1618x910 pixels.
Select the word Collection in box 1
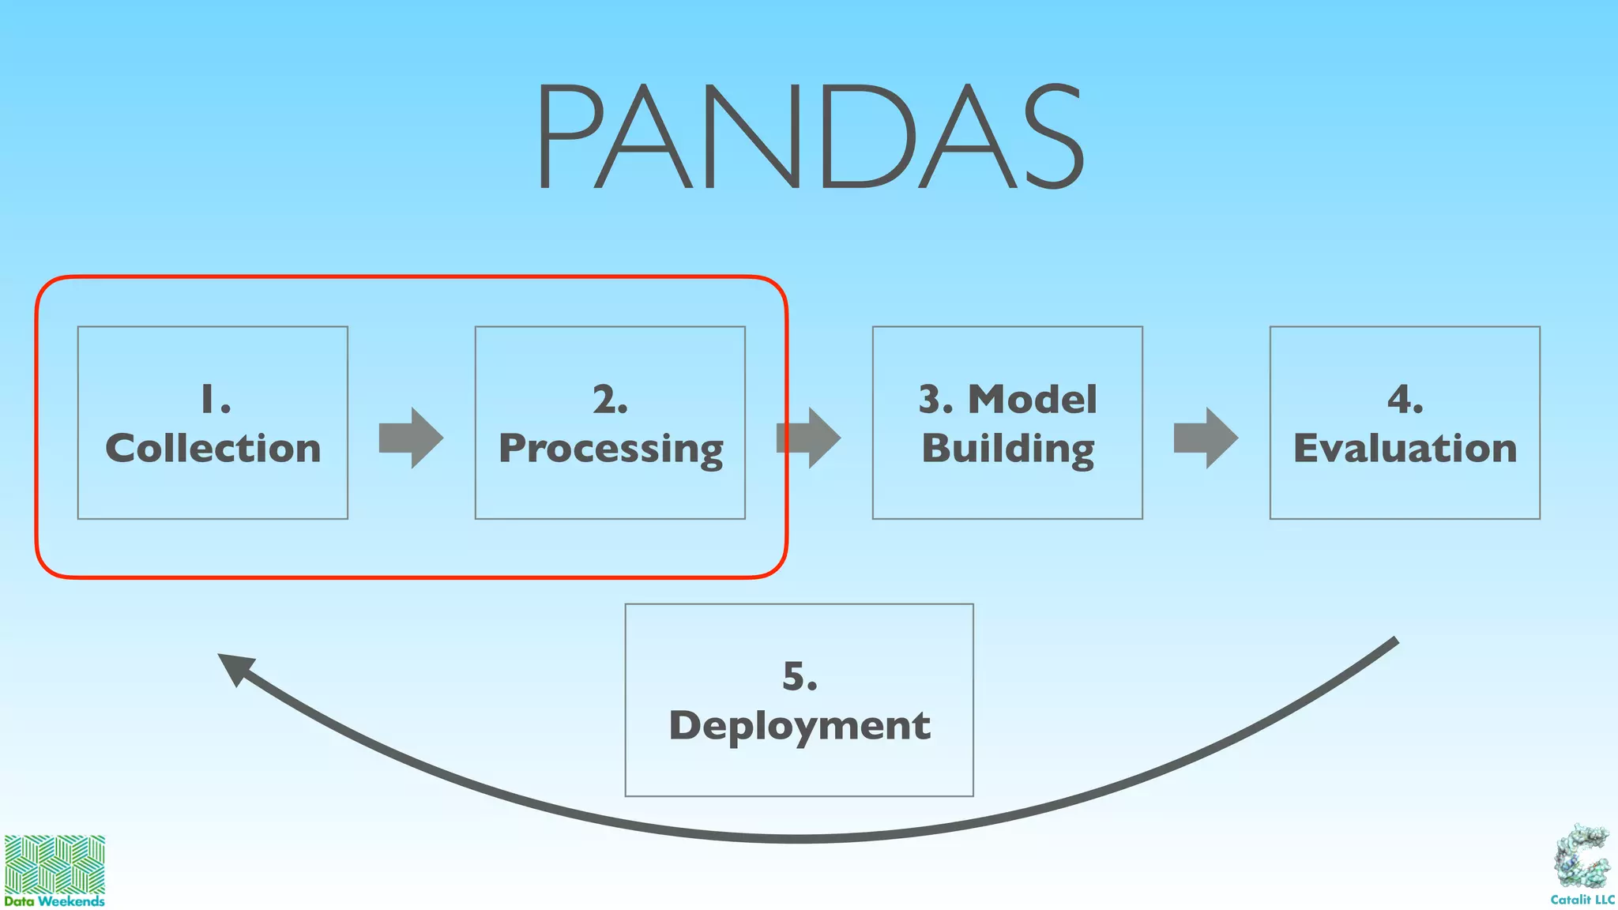point(213,449)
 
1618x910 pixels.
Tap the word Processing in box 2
point(611,449)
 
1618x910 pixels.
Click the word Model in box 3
point(1033,399)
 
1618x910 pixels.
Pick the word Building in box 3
point(1008,449)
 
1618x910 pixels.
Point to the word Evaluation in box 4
point(1405,449)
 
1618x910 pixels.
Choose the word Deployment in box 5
point(800,726)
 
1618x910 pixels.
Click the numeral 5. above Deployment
point(800,677)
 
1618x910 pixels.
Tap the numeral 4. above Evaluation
point(1405,399)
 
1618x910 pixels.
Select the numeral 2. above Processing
point(611,399)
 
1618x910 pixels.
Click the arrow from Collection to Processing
point(411,438)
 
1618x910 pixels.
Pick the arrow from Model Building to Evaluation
point(1206,438)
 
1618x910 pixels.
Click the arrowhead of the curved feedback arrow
point(235,668)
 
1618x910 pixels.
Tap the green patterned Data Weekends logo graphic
point(55,864)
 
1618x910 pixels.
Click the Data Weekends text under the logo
point(55,901)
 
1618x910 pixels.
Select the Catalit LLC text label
point(1582,900)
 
